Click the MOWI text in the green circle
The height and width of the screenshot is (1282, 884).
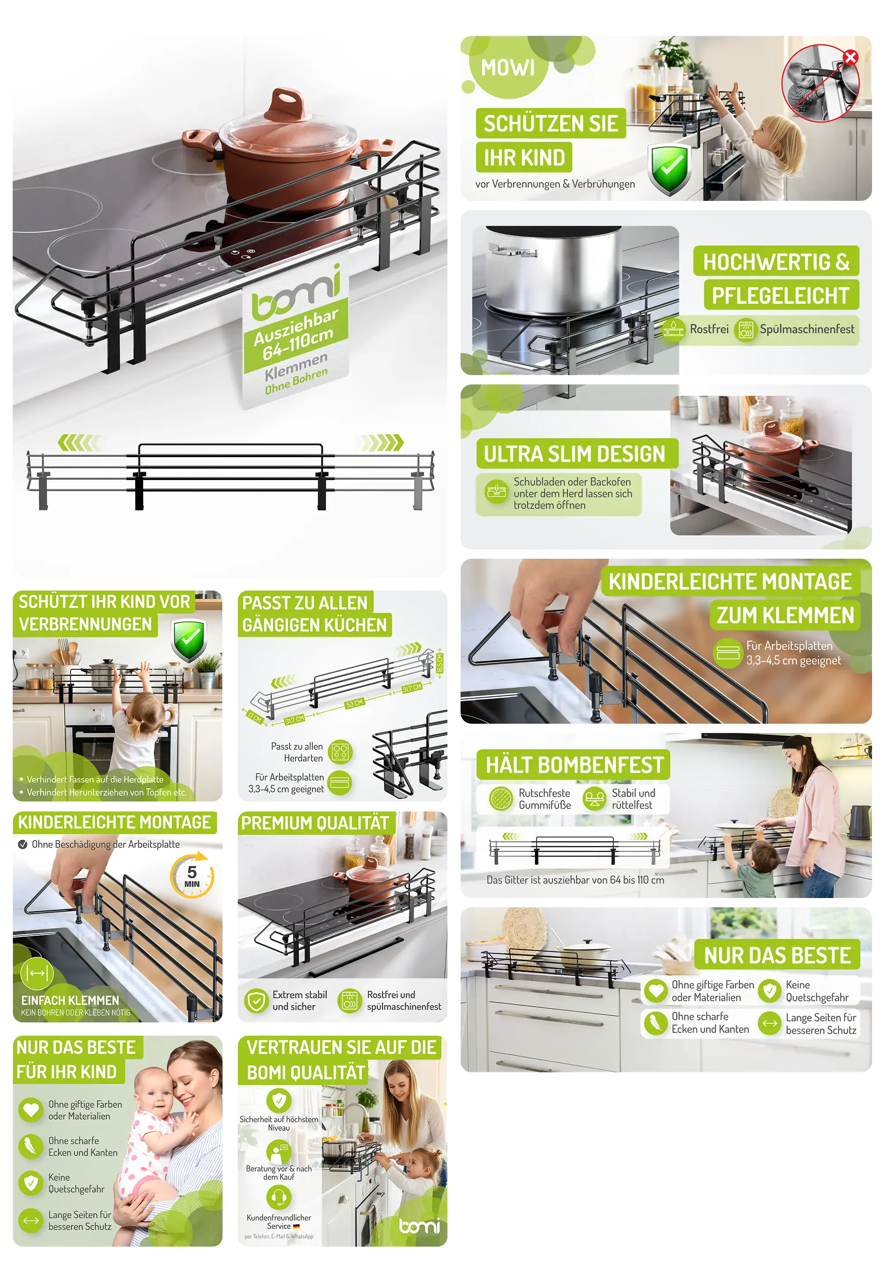click(x=507, y=68)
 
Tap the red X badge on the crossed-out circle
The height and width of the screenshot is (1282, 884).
click(x=850, y=57)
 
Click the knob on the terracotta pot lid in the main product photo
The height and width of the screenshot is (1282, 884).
click(x=287, y=103)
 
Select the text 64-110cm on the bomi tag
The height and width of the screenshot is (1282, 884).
click(x=298, y=344)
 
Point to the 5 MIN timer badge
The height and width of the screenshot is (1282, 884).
click(x=192, y=876)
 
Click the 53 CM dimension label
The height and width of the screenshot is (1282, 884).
click(x=354, y=703)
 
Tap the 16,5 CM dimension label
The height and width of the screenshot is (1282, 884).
click(x=440, y=663)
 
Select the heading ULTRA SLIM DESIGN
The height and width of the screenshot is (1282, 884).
click(x=574, y=454)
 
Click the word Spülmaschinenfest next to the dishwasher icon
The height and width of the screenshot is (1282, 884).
click(x=807, y=329)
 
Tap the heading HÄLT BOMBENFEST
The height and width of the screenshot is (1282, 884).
click(x=574, y=765)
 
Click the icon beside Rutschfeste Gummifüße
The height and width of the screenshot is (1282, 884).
click(x=501, y=798)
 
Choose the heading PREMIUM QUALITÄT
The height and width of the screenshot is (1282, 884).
click(x=315, y=823)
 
